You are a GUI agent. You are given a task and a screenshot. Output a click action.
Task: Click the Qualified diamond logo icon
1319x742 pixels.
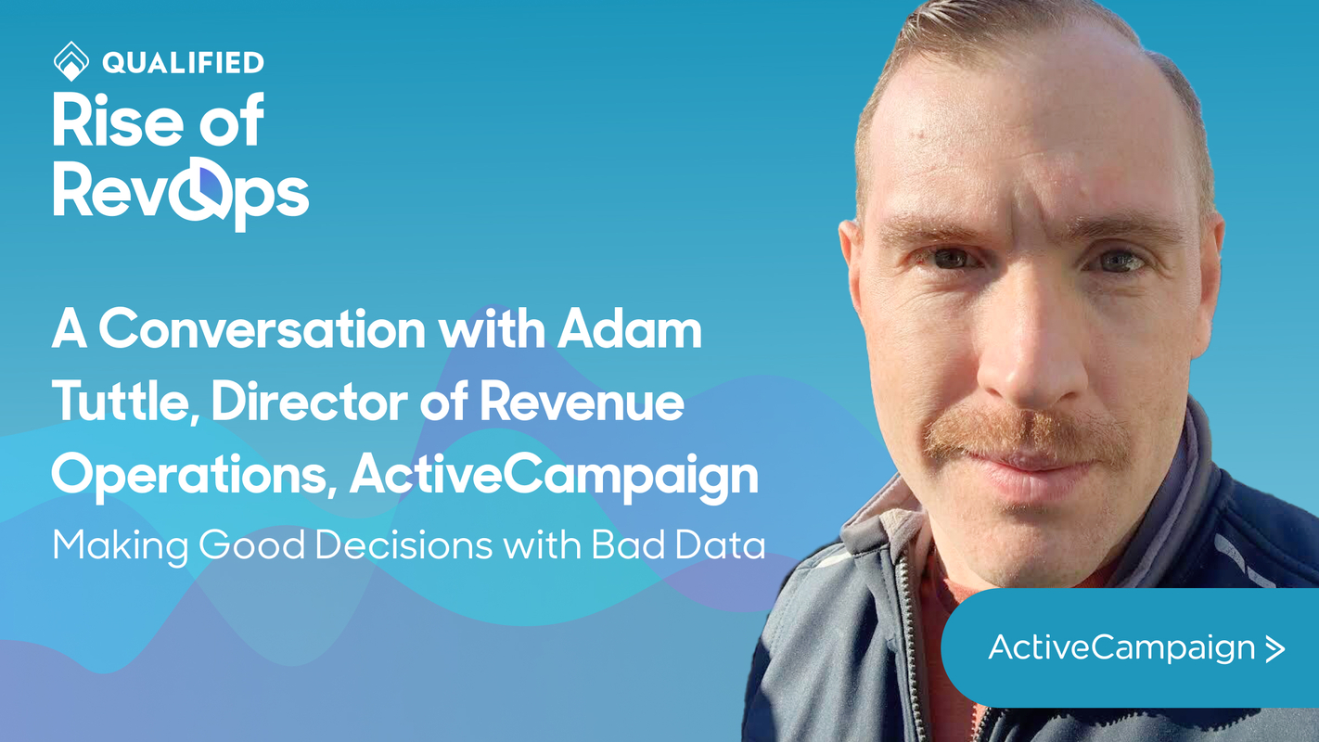pos(71,61)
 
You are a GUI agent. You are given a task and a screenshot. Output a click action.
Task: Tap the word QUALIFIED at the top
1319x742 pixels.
pos(184,62)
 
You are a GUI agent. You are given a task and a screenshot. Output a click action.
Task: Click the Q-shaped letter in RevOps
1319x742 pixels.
pos(196,191)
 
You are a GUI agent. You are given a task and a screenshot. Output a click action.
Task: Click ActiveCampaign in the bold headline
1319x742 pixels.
pos(554,476)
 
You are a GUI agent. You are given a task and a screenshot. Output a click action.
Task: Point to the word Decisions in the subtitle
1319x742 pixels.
pos(403,545)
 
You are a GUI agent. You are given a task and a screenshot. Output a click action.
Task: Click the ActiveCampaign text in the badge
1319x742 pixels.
pos(1121,647)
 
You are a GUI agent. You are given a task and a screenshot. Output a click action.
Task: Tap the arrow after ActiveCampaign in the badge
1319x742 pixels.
pos(1275,648)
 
